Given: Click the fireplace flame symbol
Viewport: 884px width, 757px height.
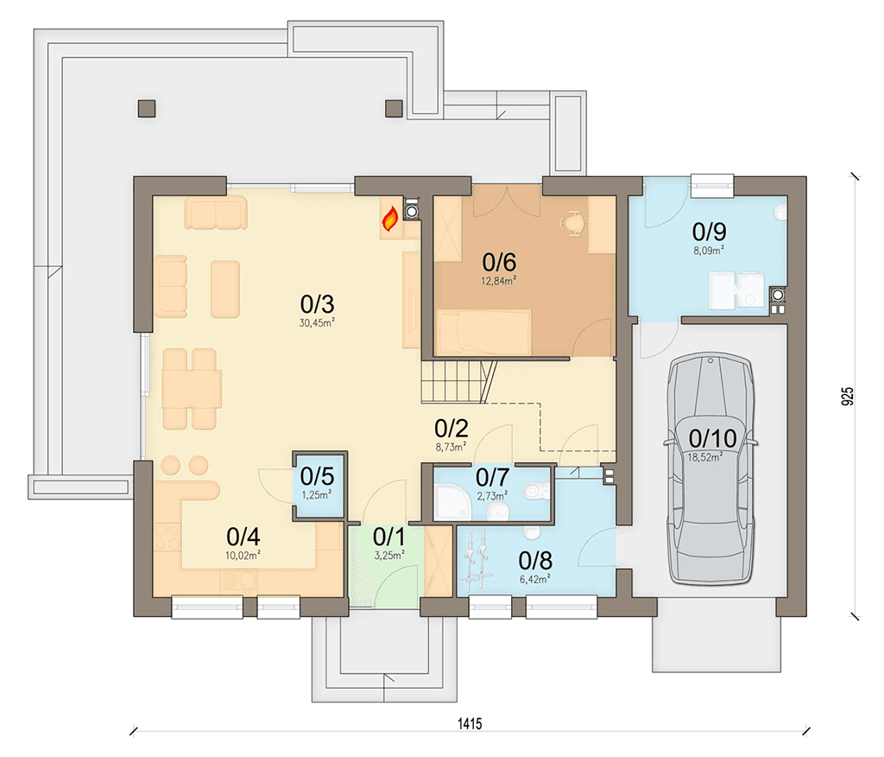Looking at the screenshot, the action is coord(390,219).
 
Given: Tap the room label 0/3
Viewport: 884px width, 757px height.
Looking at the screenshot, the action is coord(317,304).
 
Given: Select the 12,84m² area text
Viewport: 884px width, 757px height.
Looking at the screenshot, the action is coord(498,281).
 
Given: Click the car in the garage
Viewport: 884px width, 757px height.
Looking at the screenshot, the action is coord(710,468).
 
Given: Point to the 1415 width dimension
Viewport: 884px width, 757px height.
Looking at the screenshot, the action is coord(469,723).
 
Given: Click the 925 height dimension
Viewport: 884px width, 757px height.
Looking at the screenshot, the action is coord(847,397).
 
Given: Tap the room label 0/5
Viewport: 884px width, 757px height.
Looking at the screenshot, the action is coord(317,476).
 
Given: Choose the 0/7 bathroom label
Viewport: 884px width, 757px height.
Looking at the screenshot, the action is coord(492,478).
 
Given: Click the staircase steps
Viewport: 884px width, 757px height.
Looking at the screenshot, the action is coord(458,382).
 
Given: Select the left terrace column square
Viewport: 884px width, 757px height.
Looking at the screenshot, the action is coord(147,108).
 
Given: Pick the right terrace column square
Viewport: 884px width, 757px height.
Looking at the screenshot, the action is coord(394,108).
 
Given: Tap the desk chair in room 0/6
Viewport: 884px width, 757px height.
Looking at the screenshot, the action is coord(573,222).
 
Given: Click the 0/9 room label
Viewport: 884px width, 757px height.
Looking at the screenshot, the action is coord(710,232).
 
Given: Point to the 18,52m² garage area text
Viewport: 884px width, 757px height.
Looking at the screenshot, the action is coord(704,457).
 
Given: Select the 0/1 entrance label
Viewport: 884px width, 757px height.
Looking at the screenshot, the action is coord(389,537).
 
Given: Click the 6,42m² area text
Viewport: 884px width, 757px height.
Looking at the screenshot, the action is coord(534,579).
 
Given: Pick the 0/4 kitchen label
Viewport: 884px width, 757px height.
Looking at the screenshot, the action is coord(243,537).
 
